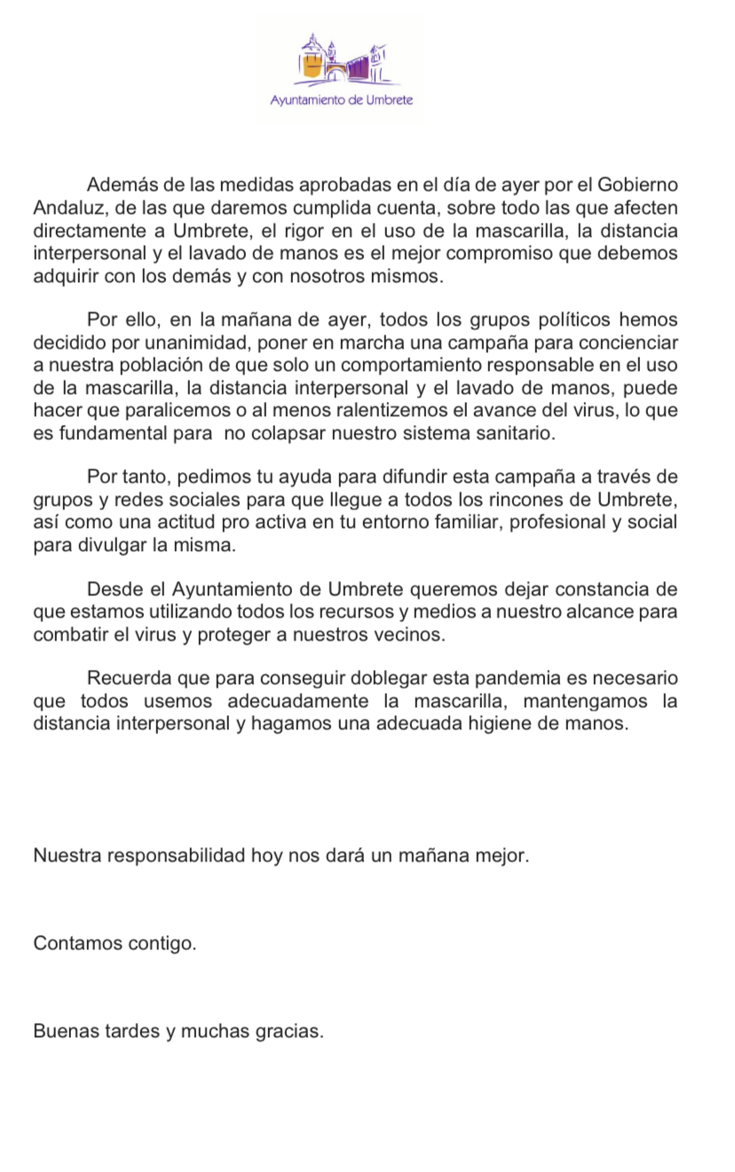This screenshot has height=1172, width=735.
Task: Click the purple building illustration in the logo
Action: click(341, 60)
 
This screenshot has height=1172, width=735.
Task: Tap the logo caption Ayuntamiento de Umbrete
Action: click(342, 100)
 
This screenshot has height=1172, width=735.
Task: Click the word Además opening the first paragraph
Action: click(120, 185)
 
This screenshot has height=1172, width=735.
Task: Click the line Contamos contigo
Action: click(115, 943)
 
